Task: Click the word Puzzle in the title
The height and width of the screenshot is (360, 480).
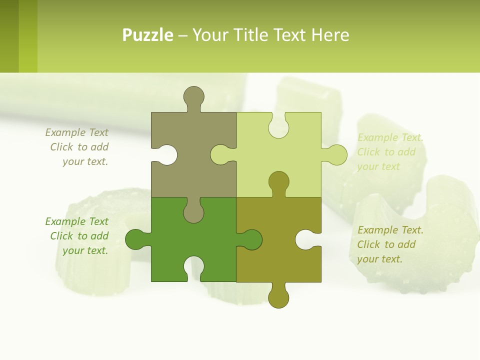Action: (x=147, y=35)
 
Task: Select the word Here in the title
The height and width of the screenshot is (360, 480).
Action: (x=329, y=35)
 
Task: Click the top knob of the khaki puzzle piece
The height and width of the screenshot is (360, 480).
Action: (x=193, y=96)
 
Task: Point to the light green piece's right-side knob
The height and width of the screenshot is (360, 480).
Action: (x=336, y=155)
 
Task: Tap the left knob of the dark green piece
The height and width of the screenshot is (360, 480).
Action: (x=136, y=239)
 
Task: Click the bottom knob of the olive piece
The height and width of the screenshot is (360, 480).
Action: (x=278, y=296)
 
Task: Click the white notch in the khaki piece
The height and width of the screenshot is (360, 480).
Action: (x=166, y=155)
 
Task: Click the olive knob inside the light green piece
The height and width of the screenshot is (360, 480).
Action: (x=278, y=182)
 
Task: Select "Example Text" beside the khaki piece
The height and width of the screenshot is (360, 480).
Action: (x=76, y=132)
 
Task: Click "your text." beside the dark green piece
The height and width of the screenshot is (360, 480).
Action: (x=85, y=250)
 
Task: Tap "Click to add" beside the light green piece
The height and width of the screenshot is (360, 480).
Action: (x=386, y=152)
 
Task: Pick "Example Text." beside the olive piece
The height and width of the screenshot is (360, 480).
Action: (x=390, y=230)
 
